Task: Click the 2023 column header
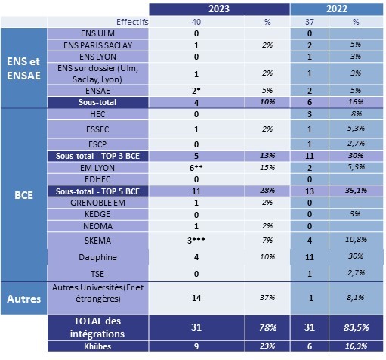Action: click(219, 9)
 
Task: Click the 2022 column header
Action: click(337, 9)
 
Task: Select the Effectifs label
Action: click(132, 22)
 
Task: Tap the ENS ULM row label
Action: click(97, 33)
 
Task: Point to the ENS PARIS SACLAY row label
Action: click(97, 45)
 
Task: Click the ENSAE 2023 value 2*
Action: click(196, 91)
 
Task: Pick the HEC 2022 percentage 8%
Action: click(356, 113)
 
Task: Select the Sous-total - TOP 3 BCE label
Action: click(97, 156)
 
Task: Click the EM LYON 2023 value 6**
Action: click(196, 168)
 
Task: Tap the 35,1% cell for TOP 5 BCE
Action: click(356, 191)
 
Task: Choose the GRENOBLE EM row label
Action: click(97, 203)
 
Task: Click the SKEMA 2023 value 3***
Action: click(196, 241)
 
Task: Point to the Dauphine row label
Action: click(97, 257)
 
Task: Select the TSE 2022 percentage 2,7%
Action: click(356, 273)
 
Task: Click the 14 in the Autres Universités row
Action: click(196, 298)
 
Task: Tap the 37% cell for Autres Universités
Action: click(267, 298)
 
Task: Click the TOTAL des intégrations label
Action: click(97, 327)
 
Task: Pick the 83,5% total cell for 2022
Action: click(356, 327)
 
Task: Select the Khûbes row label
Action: click(97, 346)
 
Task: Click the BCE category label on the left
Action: click(23, 195)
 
